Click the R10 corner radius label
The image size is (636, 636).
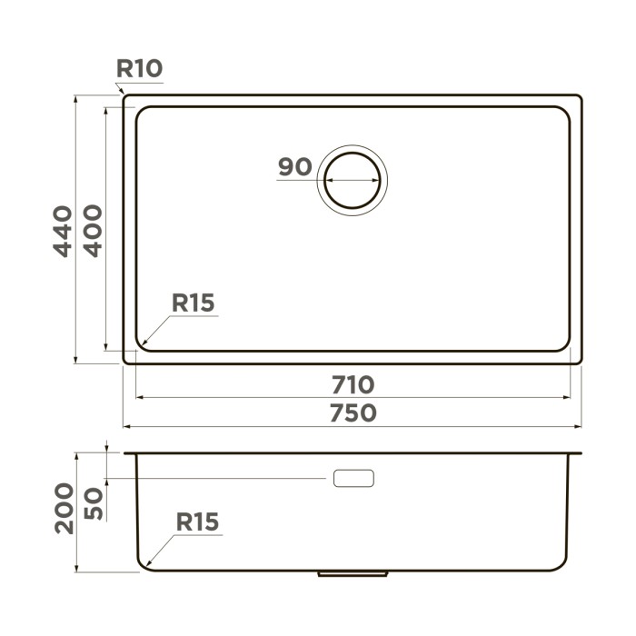coord(139,68)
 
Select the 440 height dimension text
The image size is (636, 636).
coord(62,231)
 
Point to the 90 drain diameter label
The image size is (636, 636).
coord(295,167)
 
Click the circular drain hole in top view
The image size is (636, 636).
coord(353,179)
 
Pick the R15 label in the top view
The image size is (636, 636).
coord(194,303)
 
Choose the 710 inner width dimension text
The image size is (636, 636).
coord(353,385)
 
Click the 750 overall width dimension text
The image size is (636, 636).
coord(353,413)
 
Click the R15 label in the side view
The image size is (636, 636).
coord(197,522)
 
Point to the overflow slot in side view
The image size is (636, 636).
coord(353,478)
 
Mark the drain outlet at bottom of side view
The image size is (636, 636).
coord(353,573)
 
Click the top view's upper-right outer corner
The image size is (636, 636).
coord(580,95)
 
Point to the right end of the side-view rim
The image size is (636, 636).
coord(580,453)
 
